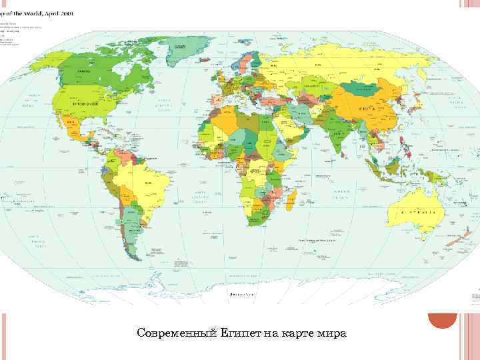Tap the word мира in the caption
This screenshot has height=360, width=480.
(x=332, y=333)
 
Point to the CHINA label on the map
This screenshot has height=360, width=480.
(x=366, y=108)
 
